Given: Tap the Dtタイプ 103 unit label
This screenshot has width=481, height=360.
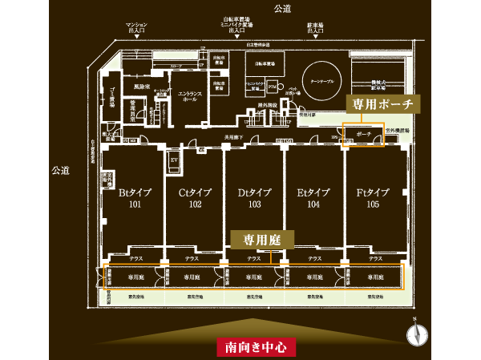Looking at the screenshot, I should pyautogui.click(x=254, y=198).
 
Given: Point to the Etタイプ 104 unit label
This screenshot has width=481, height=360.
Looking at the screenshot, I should pyautogui.click(x=313, y=198).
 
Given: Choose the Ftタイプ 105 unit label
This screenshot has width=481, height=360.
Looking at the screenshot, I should pyautogui.click(x=373, y=198).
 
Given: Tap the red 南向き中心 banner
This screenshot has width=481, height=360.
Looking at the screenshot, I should pyautogui.click(x=257, y=347).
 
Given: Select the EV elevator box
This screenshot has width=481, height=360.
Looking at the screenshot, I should pyautogui.click(x=172, y=159).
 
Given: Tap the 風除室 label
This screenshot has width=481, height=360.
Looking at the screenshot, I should pyautogui.click(x=143, y=85).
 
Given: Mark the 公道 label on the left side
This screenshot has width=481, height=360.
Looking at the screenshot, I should pyautogui.click(x=61, y=170).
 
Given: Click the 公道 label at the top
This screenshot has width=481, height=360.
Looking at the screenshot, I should pyautogui.click(x=281, y=8).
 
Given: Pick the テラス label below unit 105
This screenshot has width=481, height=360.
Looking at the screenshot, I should pyautogui.click(x=374, y=258).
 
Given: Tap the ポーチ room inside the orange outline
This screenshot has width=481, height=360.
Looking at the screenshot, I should pyautogui.click(x=363, y=135).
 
